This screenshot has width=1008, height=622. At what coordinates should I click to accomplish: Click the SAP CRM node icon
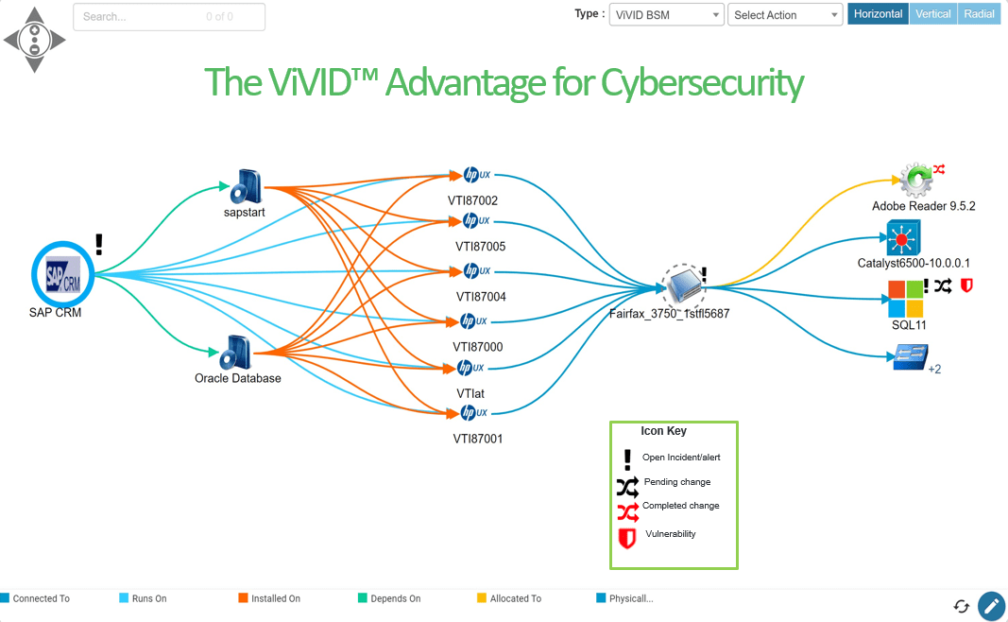pyautogui.click(x=63, y=274)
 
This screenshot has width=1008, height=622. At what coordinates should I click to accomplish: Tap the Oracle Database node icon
pyautogui.click(x=234, y=353)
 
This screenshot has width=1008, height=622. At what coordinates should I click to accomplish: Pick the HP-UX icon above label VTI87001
pyautogui.click(x=475, y=413)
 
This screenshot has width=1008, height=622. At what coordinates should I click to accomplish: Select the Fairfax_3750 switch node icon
pyautogui.click(x=682, y=283)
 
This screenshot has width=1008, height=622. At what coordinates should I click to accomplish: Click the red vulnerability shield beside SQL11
pyautogui.click(x=965, y=285)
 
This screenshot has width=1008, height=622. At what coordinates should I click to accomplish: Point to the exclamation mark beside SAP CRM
pyautogui.click(x=99, y=245)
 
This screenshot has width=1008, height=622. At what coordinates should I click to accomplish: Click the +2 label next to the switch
pyautogui.click(x=934, y=370)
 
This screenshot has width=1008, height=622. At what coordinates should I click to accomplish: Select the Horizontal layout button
pyautogui.click(x=878, y=14)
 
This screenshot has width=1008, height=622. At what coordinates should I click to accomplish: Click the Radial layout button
pyautogui.click(x=979, y=14)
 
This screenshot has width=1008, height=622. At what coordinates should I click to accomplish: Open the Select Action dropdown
pyautogui.click(x=784, y=15)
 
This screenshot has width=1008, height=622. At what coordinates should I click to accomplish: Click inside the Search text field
pyautogui.click(x=142, y=17)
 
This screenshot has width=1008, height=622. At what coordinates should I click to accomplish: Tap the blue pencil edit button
pyautogui.click(x=991, y=606)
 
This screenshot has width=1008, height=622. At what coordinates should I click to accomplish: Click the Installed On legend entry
pyautogui.click(x=275, y=598)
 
